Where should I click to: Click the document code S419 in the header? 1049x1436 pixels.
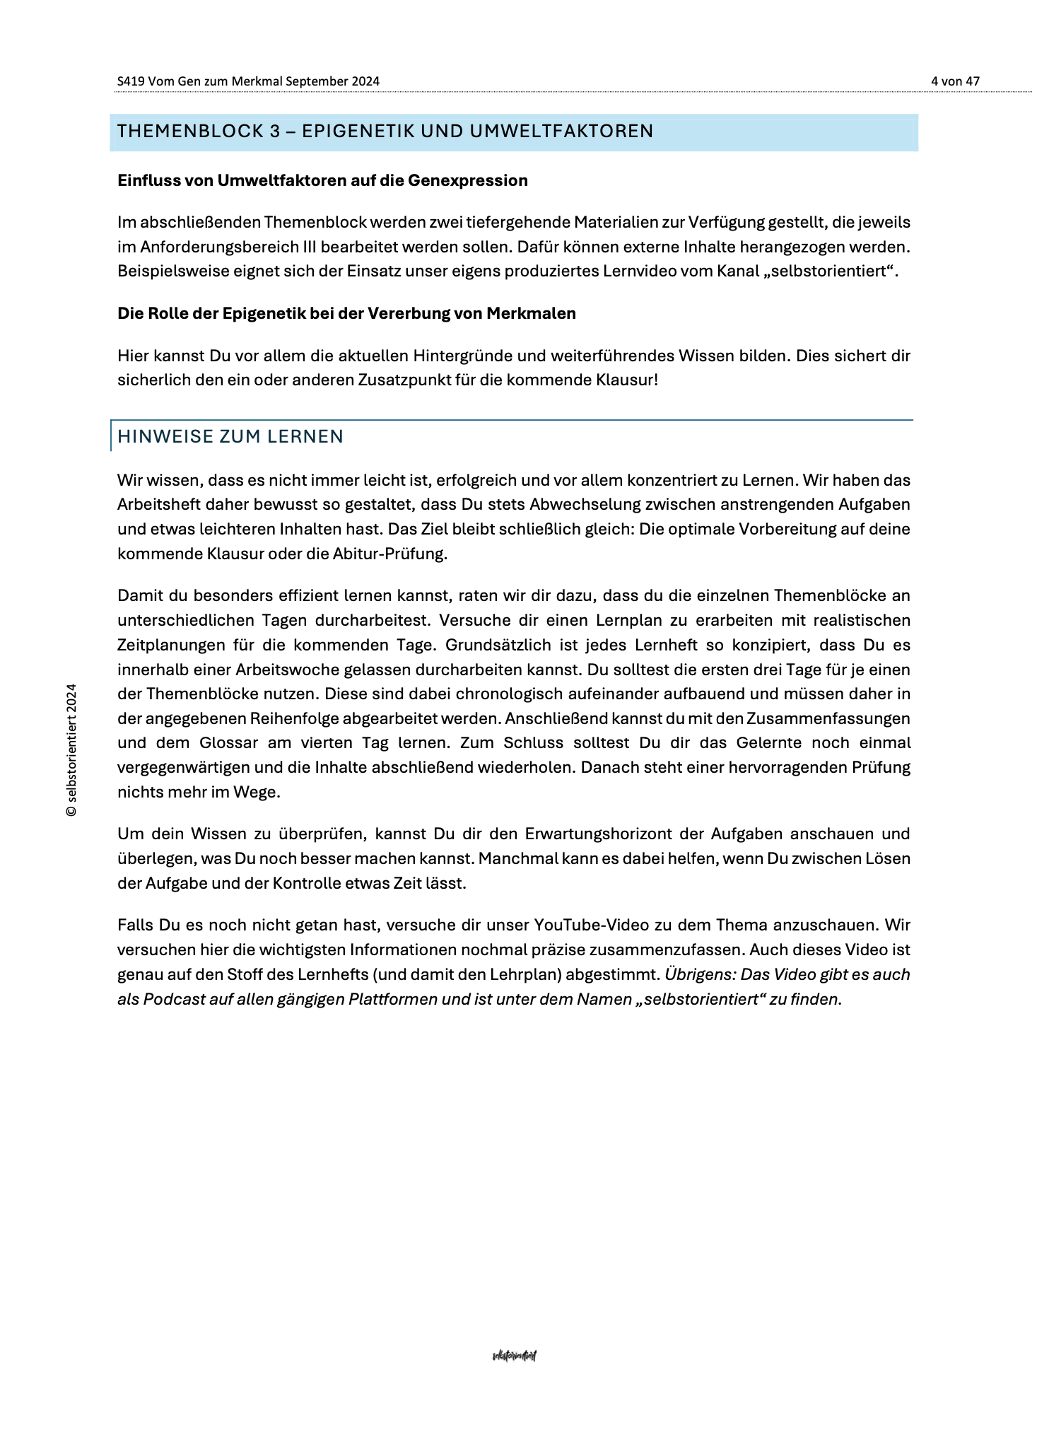click(131, 81)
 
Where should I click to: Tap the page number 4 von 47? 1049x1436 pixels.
click(955, 81)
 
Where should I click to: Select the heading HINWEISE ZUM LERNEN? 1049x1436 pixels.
click(230, 437)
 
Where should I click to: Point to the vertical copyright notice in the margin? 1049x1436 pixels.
click(71, 750)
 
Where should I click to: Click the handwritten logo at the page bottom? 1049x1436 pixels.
click(515, 1355)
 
